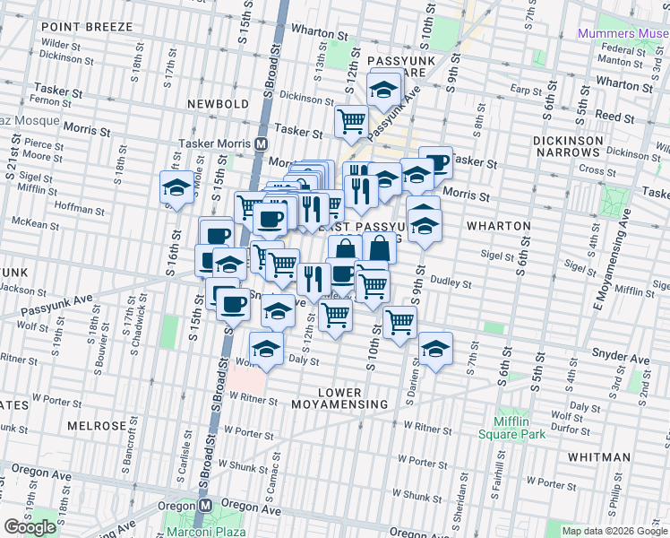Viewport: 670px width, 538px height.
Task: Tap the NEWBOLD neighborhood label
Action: coord(219,104)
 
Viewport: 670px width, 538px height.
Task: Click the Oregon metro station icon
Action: coord(205,505)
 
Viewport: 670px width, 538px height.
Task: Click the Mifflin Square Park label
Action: coord(518,428)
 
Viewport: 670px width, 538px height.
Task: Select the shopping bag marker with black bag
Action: coord(380,247)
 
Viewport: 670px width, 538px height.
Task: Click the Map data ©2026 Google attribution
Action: coord(614,531)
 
